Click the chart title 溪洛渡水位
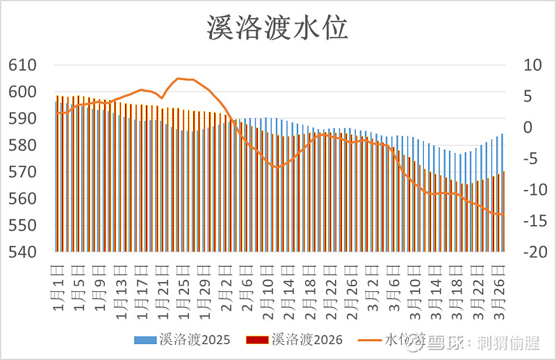point(277,29)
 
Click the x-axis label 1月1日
point(59,281)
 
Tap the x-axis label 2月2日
point(227,281)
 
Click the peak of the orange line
point(179,79)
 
